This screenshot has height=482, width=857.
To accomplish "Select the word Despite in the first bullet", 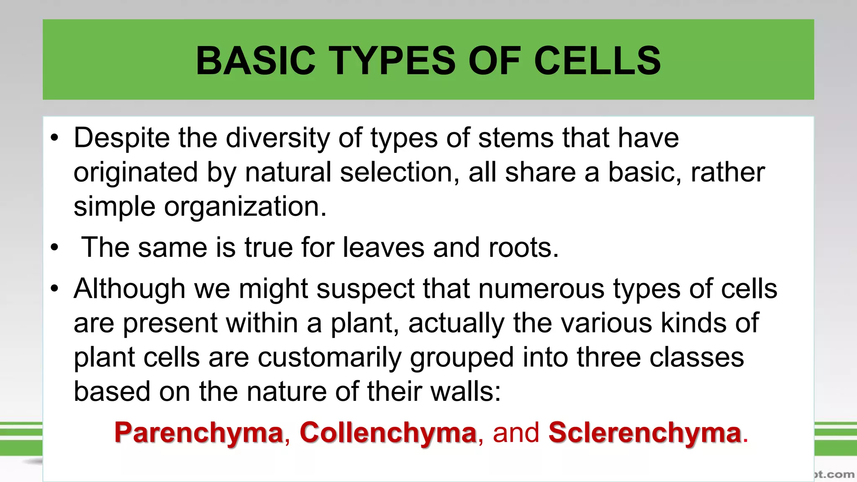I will point(122,138).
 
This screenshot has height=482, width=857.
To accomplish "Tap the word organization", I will point(245,207).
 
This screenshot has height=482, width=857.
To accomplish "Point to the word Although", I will point(129,289).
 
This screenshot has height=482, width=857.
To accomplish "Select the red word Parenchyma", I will point(199,433).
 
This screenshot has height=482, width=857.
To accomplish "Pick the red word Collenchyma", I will point(388,433).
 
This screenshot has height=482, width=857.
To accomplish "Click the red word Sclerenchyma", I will point(645,433).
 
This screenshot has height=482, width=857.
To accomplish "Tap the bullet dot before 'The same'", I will point(54,248).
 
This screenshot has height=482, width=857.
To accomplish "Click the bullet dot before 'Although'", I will point(54,289).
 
